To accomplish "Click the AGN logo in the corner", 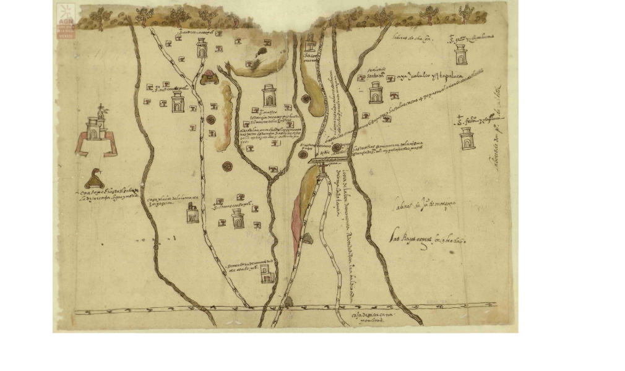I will (x=66, y=21).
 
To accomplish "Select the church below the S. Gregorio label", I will (x=461, y=54).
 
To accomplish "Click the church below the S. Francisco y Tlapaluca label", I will (x=468, y=139).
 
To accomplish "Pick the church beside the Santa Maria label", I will (x=376, y=93).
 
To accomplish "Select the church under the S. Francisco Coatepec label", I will (x=238, y=218).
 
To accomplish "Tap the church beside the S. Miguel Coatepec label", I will (x=178, y=102).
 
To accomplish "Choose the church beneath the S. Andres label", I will (x=202, y=48).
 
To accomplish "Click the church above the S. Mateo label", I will (x=269, y=95).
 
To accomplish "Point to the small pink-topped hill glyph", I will (x=209, y=77).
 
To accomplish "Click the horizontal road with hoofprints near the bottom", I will (x=285, y=307).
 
